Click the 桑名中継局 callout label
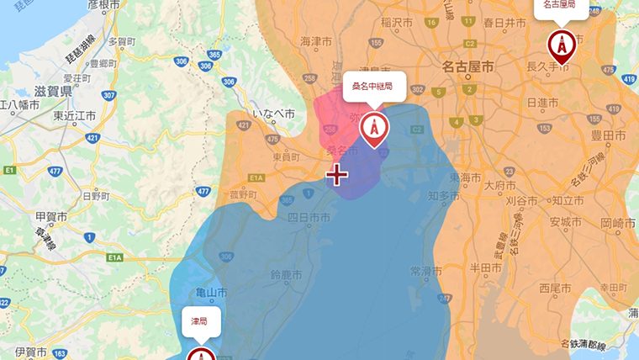[x=374, y=87]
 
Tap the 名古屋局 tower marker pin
[x=561, y=44]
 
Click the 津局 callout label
[x=199, y=321]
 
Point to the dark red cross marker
[x=337, y=175]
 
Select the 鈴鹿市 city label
[x=285, y=275]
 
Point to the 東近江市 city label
[x=74, y=116]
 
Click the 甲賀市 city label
[x=51, y=215]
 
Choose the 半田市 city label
[x=484, y=267]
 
